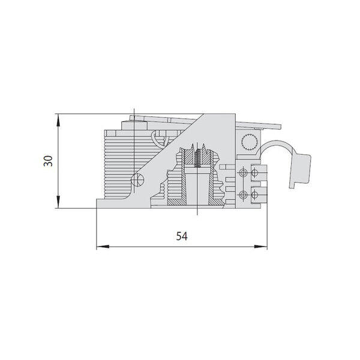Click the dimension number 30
click(48, 161)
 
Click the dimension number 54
click(182, 236)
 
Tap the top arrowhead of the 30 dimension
click(58, 120)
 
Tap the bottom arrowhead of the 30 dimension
click(58, 202)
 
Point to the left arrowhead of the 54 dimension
click(103, 247)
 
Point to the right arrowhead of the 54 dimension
click(261, 247)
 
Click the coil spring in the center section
click(197, 157)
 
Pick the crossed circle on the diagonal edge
click(137, 180)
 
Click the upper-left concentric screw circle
click(243, 173)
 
